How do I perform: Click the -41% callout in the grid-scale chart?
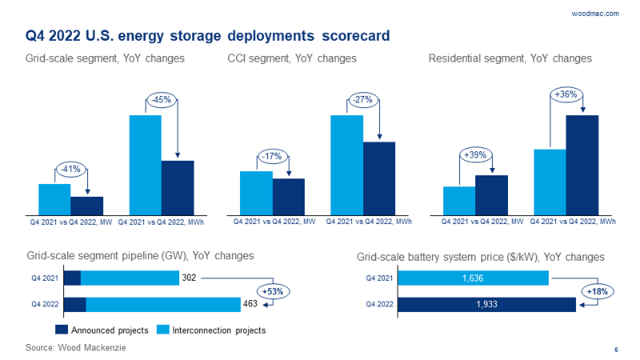point(70,169)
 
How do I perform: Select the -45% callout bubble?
point(161,100)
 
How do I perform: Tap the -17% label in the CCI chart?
point(272,156)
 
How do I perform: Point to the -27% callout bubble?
point(362,100)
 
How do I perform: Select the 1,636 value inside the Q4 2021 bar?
point(473,278)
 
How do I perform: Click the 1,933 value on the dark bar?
point(486,305)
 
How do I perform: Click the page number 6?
point(616,350)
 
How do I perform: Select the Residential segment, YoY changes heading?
point(510,59)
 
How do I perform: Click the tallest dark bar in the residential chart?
point(582,164)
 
